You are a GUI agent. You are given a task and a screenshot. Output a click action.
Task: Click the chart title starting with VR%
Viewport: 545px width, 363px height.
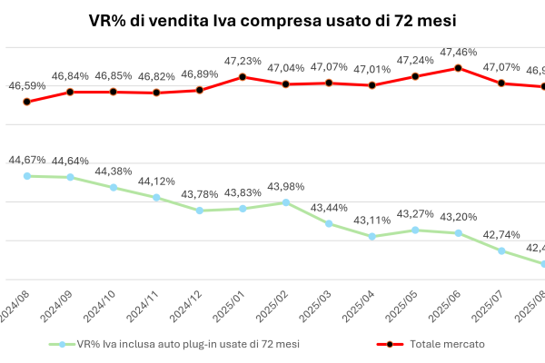272,19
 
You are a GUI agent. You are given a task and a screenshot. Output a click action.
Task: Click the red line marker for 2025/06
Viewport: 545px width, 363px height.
458,68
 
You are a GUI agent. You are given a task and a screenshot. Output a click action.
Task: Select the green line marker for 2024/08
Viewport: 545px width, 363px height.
27,176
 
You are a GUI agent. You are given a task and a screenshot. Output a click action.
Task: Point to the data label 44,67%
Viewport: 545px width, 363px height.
27,160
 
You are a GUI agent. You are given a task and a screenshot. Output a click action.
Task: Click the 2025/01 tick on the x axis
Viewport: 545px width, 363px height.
232,303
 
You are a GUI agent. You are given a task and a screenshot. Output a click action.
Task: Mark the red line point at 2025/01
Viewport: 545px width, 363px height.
243,76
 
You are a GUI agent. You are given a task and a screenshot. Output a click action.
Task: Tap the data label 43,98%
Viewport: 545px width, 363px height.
285,187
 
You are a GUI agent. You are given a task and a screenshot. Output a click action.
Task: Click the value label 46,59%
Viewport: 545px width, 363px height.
27,85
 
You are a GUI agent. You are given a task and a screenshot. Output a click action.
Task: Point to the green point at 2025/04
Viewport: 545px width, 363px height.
372,237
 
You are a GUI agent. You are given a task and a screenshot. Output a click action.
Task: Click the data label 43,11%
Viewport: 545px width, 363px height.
372,221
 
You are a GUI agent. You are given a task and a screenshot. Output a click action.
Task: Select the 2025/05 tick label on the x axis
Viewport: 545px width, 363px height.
404,303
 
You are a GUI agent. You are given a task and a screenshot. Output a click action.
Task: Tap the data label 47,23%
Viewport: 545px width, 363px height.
243,61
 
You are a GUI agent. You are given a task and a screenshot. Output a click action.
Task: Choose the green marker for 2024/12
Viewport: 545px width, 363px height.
199,211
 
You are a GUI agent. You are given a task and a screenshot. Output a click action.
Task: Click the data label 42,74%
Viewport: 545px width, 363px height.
500,234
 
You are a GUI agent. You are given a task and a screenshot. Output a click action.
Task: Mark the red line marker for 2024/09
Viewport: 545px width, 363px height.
70,92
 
